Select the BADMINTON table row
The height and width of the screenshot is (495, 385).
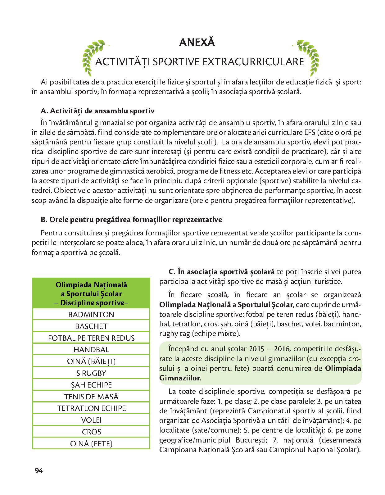pos(91,314)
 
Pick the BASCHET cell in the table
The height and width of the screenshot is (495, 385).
pos(91,326)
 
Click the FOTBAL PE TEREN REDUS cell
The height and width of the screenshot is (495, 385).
pos(91,338)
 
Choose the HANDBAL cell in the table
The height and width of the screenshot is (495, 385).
pos(91,350)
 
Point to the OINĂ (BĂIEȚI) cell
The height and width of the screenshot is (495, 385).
pos(91,361)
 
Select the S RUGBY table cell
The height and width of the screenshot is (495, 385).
pos(91,373)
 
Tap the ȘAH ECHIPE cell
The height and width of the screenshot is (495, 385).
pos(91,385)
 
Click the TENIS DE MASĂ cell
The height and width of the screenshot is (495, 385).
pos(91,397)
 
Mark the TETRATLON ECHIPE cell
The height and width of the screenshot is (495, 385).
pos(91,408)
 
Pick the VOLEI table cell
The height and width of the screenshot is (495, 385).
pos(91,420)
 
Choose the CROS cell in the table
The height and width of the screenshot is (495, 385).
pos(91,432)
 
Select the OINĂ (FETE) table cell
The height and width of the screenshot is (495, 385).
pos(91,443)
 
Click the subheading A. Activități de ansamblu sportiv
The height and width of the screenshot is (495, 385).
pos(97,111)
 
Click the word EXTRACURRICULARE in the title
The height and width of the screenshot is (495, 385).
pos(253,62)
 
